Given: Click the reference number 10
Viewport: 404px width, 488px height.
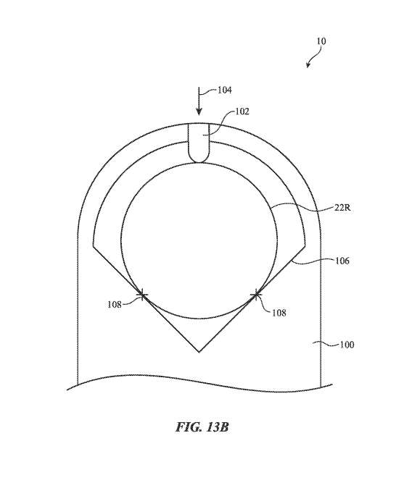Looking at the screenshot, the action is (x=321, y=41).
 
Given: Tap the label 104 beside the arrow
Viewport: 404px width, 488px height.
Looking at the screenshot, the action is (x=224, y=91).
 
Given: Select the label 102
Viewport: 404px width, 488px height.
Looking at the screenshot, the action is (x=242, y=112).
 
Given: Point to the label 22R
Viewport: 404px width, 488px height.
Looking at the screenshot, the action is (x=342, y=207).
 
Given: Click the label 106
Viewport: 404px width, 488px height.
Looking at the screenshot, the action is (x=342, y=261).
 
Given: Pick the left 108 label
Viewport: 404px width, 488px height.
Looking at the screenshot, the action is (x=115, y=304).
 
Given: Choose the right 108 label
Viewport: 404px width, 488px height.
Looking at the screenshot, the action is (x=279, y=313).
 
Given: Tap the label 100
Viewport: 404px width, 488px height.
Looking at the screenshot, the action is (x=347, y=345).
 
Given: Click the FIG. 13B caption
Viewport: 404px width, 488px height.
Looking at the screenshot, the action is (x=202, y=426).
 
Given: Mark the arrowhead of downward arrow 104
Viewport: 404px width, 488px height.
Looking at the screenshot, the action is (x=199, y=112).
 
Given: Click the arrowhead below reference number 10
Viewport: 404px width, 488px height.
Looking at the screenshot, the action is (x=308, y=64).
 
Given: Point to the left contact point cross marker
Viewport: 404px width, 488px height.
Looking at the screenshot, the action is (x=142, y=294).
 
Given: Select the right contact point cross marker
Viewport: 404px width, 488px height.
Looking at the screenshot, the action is (x=255, y=294).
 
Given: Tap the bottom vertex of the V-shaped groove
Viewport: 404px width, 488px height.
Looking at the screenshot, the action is (x=199, y=352).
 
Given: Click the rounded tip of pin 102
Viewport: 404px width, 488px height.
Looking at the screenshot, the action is (x=199, y=161).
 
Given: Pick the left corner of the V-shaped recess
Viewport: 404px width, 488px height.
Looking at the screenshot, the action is (x=94, y=246).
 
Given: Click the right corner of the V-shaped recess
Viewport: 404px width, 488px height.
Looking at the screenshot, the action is (x=305, y=246).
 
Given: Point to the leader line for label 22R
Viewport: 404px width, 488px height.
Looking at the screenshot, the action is (x=301, y=206).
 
